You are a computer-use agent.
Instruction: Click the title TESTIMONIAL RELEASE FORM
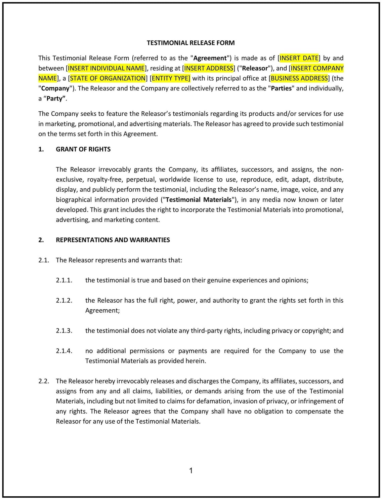[x=190, y=43]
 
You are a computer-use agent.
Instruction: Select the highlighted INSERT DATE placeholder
[x=299, y=58]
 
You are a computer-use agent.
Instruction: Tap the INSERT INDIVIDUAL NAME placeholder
[x=107, y=68]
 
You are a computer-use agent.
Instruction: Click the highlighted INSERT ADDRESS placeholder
[x=209, y=68]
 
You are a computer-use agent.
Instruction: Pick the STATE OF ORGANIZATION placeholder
[x=108, y=78]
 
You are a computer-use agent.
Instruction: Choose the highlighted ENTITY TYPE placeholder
[x=171, y=78]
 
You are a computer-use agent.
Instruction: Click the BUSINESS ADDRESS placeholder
[x=299, y=78]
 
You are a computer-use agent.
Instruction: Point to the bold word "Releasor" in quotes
[x=255, y=68]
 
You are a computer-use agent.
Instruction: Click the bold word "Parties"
[x=281, y=88]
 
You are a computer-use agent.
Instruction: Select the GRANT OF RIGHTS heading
[x=83, y=149]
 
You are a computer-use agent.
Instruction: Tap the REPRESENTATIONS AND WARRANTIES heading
[x=113, y=240]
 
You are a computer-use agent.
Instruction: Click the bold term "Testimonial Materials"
[x=199, y=199]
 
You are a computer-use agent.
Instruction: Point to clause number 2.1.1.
[x=64, y=280]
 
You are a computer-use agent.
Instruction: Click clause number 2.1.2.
[x=64, y=300]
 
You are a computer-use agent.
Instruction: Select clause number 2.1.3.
[x=64, y=331]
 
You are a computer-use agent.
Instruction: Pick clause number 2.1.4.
[x=64, y=351]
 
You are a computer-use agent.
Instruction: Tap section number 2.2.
[x=44, y=381]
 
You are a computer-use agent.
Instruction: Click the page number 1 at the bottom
[x=191, y=470]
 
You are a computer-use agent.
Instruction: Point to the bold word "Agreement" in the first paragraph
[x=210, y=58]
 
